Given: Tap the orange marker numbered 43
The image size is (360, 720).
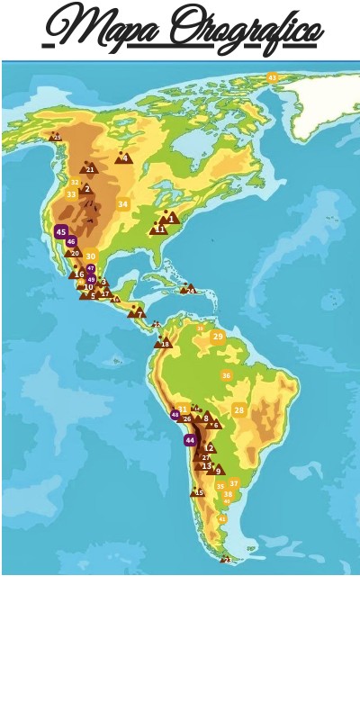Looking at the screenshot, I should pyautogui.click(x=272, y=78).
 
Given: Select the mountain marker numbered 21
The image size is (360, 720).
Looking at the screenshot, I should pyautogui.click(x=89, y=168).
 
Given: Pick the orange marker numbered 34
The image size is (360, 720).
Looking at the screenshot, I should pyautogui.click(x=122, y=204).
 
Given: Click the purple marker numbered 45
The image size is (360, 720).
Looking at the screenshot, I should pyautogui.click(x=61, y=231).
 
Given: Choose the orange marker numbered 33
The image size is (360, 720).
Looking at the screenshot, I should pyautogui.click(x=71, y=194).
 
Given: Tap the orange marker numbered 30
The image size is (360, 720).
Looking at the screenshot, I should pyautogui.click(x=90, y=256).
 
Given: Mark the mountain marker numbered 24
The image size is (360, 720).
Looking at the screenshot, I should pyautogui.click(x=189, y=290).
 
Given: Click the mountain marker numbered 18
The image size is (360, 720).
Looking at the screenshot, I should pyautogui.click(x=164, y=343).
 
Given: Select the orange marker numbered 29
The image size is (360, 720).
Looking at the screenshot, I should pyautogui.click(x=218, y=337).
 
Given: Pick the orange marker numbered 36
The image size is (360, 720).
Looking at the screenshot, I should pyautogui.click(x=226, y=375).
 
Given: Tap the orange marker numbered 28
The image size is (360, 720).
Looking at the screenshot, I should pyautogui.click(x=238, y=410).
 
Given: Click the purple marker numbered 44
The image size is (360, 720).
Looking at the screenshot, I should pyautogui.click(x=190, y=440).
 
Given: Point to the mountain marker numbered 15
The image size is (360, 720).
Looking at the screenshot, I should pyautogui.click(x=198, y=492).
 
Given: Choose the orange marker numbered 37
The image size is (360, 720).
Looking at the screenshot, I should pyautogui.click(x=234, y=483).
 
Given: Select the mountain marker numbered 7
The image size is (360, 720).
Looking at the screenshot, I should pyautogui.click(x=138, y=313).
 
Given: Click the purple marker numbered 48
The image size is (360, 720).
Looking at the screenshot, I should pyautogui.click(x=175, y=415).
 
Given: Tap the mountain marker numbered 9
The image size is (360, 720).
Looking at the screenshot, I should pyautogui.click(x=218, y=471).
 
